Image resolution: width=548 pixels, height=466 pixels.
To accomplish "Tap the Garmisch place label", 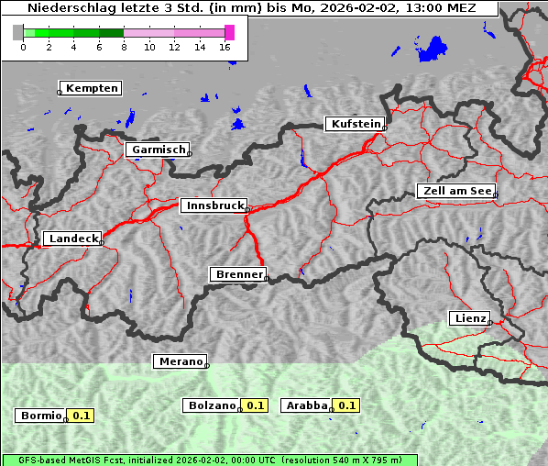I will coord(159,150).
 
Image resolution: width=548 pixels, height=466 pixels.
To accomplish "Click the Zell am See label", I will coord(455,191).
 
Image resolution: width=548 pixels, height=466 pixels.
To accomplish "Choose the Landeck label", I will coord(72,239).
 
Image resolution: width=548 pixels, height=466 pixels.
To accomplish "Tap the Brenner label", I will coord(238,274).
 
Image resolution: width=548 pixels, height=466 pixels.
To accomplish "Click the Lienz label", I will coord(469,318).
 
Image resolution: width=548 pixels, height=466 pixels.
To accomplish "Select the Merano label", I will coord(180,361).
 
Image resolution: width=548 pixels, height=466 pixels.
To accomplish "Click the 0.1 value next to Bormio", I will coord(82,416).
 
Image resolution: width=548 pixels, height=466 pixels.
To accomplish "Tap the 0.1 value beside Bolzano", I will coord(255,405).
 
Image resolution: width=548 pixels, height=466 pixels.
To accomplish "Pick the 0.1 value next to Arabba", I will coord(346,405).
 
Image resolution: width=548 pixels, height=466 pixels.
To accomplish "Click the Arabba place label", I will coord(306,405).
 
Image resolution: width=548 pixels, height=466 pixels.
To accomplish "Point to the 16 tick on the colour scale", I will coord(225,46).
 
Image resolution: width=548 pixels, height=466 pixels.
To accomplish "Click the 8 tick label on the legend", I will coord(124,46).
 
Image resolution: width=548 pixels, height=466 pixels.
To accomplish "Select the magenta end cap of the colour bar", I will coord(229,32).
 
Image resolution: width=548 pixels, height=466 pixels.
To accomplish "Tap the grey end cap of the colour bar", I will coord(18,32).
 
